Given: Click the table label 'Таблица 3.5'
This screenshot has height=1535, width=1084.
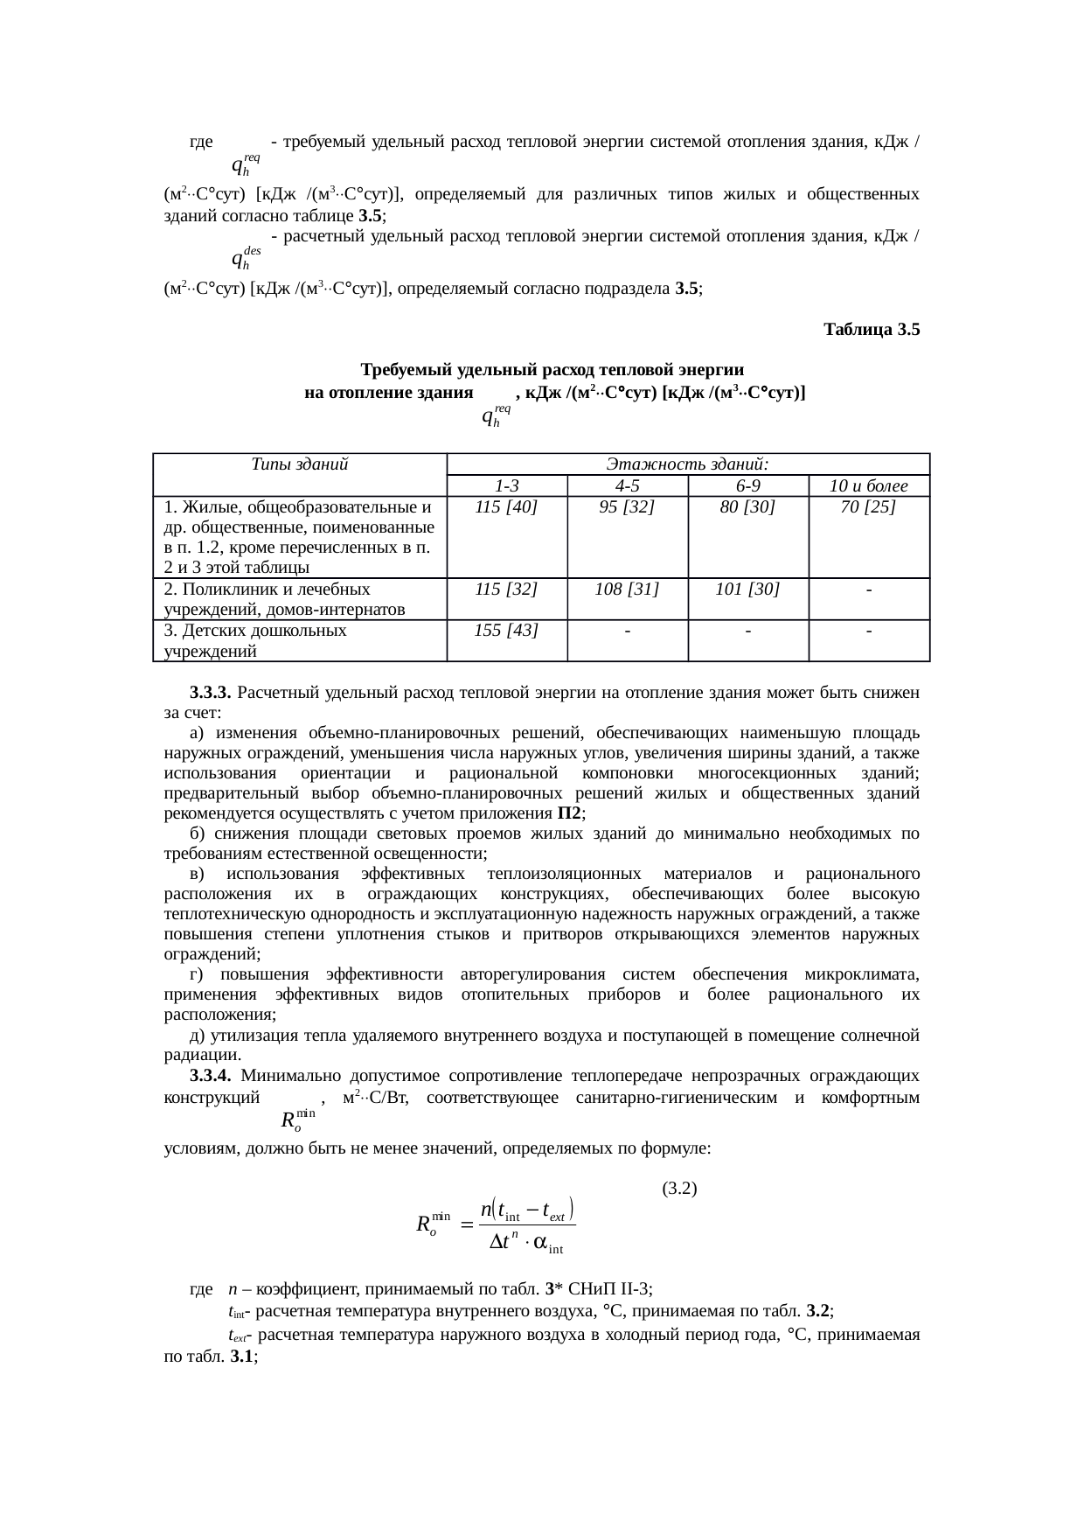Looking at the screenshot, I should [x=872, y=330].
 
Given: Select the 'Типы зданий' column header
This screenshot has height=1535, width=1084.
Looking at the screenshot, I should [x=299, y=464].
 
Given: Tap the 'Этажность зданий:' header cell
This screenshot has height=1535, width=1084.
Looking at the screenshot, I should [x=687, y=464].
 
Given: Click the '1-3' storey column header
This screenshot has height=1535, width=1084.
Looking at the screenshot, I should [x=506, y=485].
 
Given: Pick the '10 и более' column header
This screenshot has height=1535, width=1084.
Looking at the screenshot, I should [x=868, y=485].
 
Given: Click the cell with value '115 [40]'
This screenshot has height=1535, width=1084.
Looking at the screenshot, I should [x=506, y=506].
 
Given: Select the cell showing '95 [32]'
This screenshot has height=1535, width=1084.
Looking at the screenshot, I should [x=627, y=506].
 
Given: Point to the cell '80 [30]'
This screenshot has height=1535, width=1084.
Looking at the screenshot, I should [x=747, y=506].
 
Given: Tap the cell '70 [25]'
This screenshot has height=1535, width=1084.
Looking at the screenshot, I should [x=868, y=506].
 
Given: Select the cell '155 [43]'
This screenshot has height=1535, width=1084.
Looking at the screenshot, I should [x=506, y=630].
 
